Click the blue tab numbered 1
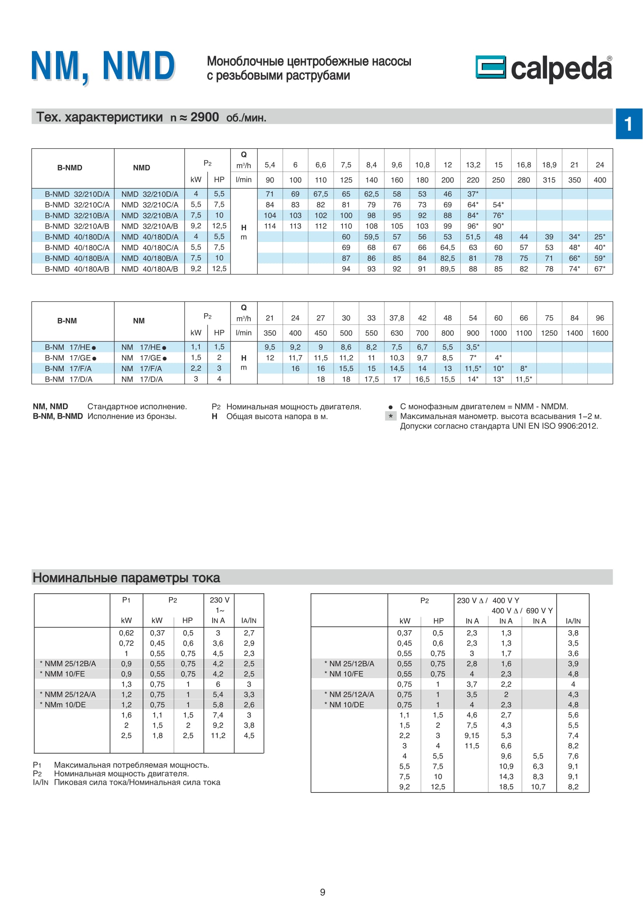click(x=628, y=124)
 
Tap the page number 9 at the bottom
click(x=322, y=892)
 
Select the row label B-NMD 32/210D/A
click(x=77, y=194)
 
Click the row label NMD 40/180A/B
click(x=150, y=269)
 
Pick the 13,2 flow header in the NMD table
click(x=473, y=165)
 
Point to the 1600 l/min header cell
click(x=599, y=333)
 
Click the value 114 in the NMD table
click(x=270, y=226)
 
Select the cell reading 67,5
click(x=320, y=194)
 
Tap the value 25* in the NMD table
click(x=599, y=237)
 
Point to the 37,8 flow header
click(x=397, y=318)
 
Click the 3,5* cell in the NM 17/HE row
click(x=473, y=347)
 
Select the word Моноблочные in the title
click(x=245, y=61)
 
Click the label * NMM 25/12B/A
click(x=68, y=663)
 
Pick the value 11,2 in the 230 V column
click(x=218, y=736)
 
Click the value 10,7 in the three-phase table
click(x=538, y=787)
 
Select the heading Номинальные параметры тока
click(x=126, y=577)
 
